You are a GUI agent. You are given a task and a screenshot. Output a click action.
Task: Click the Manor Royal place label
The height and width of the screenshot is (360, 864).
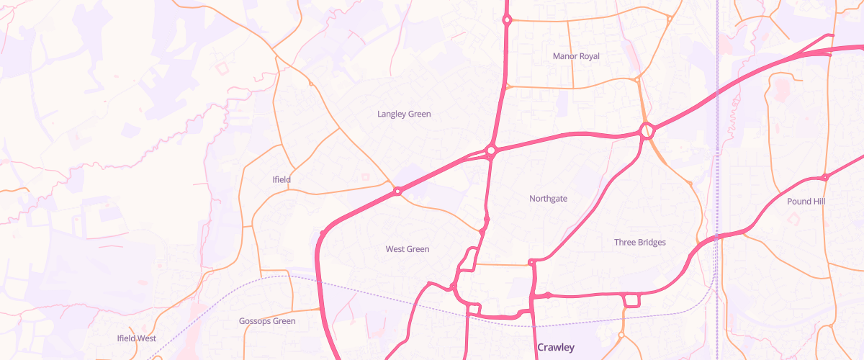tap(576, 56)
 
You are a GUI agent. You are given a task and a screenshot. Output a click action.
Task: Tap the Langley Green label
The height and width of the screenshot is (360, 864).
tap(404, 114)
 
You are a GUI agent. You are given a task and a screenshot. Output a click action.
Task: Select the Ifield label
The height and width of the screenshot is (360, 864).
tap(282, 179)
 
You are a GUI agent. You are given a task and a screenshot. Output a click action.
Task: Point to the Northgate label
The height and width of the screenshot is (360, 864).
tap(548, 199)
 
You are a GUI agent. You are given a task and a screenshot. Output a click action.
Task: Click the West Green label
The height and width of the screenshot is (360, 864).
tap(407, 249)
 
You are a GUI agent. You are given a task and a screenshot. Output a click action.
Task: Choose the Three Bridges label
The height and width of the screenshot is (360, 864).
tap(640, 243)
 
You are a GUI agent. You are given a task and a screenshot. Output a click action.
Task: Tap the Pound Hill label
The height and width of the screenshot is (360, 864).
tap(806, 202)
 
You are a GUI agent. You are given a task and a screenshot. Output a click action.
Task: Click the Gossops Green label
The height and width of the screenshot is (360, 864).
tap(267, 321)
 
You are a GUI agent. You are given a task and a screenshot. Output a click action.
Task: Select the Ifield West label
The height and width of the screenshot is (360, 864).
tap(137, 338)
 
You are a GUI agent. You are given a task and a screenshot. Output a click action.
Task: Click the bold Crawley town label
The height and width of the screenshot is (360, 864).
tap(556, 348)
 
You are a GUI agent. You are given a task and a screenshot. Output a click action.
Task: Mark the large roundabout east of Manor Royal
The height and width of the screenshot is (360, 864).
tap(647, 131)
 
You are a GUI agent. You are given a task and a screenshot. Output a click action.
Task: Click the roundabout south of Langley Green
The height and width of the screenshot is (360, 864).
tap(492, 150)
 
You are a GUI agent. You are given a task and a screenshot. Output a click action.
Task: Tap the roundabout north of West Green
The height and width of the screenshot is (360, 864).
tap(397, 192)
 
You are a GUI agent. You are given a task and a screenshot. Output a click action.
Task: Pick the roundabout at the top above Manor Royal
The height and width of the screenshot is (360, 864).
tap(507, 20)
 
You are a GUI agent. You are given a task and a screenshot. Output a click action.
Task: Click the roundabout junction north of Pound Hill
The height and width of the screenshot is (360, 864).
tap(825, 177)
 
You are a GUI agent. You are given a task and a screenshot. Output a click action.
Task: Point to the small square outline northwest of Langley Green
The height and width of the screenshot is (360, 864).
tap(220, 68)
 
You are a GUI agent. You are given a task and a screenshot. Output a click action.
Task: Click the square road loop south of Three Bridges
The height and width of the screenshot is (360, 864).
tap(632, 300)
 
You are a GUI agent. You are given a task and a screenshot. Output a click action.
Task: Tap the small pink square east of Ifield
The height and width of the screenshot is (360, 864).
tap(366, 176)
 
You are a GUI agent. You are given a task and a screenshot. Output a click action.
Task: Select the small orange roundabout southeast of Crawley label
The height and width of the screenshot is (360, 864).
tap(621, 335)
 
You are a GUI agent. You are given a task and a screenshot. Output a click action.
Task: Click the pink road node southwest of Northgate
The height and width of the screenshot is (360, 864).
tap(487, 218)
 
